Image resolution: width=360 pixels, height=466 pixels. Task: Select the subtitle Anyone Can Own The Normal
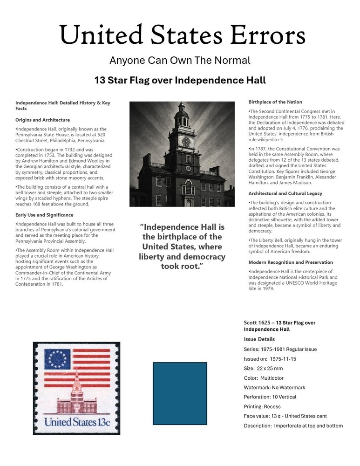[x=180, y=61]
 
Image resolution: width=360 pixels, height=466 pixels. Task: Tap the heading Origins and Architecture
[x=42, y=120]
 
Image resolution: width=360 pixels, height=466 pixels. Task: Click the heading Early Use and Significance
[x=44, y=215]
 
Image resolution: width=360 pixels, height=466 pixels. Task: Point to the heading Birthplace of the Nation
[x=275, y=102]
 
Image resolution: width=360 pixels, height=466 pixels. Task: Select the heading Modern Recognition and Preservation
[x=291, y=262]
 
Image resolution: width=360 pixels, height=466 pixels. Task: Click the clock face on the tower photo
[x=186, y=141]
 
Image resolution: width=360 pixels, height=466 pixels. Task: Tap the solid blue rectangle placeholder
[x=180, y=393]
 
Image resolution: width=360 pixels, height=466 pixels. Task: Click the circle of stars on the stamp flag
[x=57, y=359]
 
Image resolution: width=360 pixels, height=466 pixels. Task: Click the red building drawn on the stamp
[x=77, y=402]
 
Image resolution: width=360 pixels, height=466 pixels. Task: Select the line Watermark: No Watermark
[x=274, y=388]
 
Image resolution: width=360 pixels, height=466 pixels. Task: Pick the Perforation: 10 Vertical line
[x=270, y=397]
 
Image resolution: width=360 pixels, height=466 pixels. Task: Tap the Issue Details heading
[x=259, y=339]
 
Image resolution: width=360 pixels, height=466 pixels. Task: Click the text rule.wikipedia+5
[x=266, y=139]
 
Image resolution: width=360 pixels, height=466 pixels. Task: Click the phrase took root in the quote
[x=182, y=267]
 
